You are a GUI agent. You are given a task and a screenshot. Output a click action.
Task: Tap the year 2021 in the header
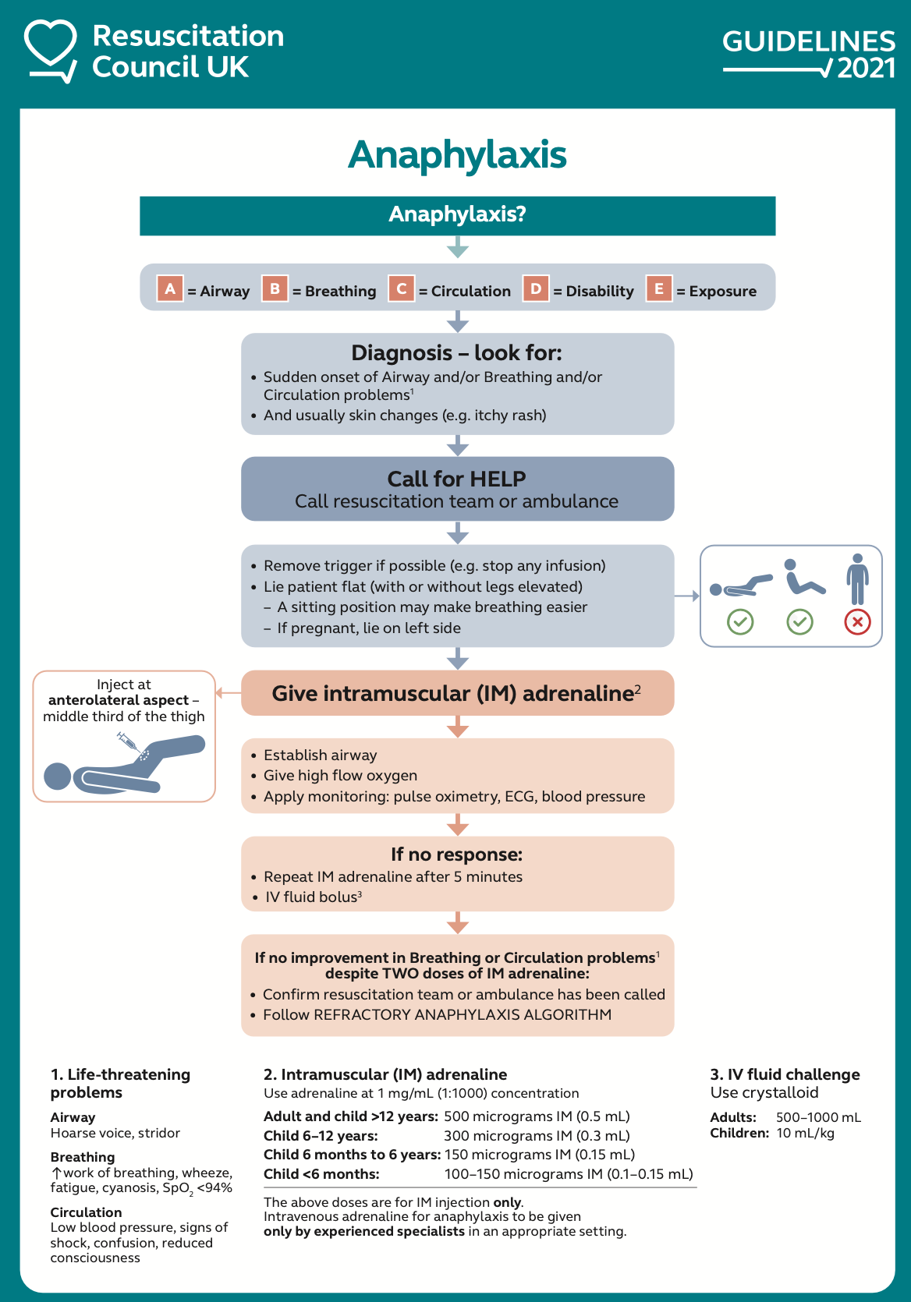pyautogui.click(x=866, y=69)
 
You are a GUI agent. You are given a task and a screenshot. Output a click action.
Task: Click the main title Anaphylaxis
pyautogui.click(x=457, y=154)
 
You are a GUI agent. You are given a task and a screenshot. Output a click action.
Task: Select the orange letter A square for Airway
pyautogui.click(x=169, y=288)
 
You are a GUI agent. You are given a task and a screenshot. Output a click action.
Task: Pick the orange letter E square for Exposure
pyautogui.click(x=658, y=288)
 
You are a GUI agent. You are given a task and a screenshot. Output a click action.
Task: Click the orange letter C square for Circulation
pyautogui.click(x=401, y=288)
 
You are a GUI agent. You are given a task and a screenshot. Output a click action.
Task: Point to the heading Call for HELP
pyautogui.click(x=457, y=478)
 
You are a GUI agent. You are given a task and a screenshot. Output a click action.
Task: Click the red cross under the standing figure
pyautogui.click(x=857, y=621)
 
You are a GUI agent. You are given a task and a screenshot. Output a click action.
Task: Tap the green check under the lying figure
pyautogui.click(x=739, y=621)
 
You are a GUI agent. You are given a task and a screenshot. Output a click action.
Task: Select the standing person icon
pyautogui.click(x=857, y=578)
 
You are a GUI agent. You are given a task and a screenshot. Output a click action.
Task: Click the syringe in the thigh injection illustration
pyautogui.click(x=129, y=742)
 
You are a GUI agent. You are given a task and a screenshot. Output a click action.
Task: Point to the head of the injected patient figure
pyautogui.click(x=58, y=777)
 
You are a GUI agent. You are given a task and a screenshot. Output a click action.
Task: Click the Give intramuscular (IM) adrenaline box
pyautogui.click(x=457, y=693)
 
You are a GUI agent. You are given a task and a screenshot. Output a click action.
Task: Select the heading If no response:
pyautogui.click(x=457, y=854)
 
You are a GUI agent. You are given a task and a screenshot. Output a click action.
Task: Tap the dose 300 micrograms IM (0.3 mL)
pyautogui.click(x=537, y=1136)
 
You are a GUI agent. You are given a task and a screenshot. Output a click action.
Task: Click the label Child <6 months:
pyautogui.click(x=321, y=1174)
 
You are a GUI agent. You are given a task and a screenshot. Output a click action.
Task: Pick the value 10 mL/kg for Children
pyautogui.click(x=805, y=1133)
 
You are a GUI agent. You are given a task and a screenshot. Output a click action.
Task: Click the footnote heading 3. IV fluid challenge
pyautogui.click(x=785, y=1074)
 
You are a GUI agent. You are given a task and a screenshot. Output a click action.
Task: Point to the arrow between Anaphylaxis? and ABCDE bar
pyautogui.click(x=458, y=249)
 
